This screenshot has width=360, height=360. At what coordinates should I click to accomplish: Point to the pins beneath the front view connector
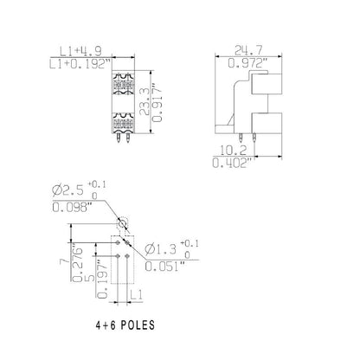click(122, 134)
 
